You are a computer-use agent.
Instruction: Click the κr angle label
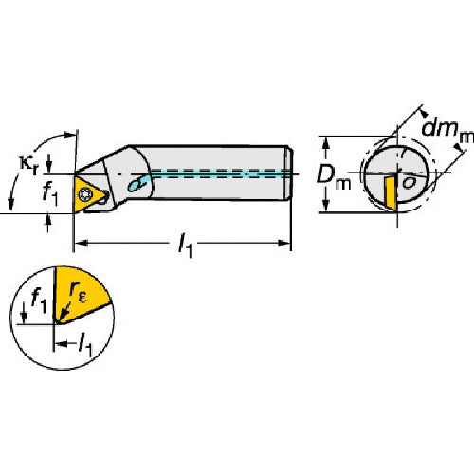28,166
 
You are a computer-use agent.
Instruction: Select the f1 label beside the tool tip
50,193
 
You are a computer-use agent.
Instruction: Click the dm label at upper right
447,130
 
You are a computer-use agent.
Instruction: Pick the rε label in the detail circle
78,291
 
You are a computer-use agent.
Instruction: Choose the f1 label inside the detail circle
39,302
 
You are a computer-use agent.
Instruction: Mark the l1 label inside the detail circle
85,345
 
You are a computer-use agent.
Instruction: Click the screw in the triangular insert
85,193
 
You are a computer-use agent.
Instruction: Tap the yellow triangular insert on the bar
88,194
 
